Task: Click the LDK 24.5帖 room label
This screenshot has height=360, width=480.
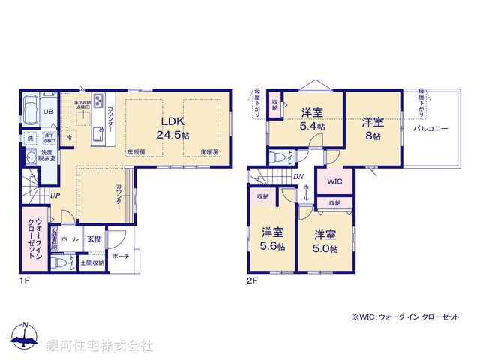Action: [172, 128]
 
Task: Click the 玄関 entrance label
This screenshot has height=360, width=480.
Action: [94, 238]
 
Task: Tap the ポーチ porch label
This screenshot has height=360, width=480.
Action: [120, 256]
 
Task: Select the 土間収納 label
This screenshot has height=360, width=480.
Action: [94, 262]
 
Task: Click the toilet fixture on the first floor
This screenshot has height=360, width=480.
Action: [59, 262]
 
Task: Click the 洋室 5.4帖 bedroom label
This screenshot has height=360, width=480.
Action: [313, 119]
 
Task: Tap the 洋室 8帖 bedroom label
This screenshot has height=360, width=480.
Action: [373, 129]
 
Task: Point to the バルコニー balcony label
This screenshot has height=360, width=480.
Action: [430, 129]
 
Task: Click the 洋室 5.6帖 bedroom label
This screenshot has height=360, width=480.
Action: [272, 238]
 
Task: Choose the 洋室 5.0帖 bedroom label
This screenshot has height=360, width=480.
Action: [325, 239]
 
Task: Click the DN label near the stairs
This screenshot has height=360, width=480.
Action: [298, 178]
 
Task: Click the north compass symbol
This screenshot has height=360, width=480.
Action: [25, 335]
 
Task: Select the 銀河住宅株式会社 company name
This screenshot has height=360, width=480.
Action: [100, 346]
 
